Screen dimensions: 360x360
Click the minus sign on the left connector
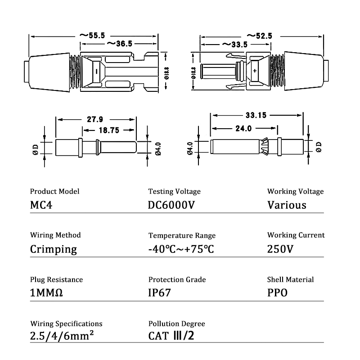tap(96, 71)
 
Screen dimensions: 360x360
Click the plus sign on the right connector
tap(255, 71)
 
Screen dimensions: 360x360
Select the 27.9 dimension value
tap(95, 120)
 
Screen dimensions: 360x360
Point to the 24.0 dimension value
tap(243, 128)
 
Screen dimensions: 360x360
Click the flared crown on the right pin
tap(265, 147)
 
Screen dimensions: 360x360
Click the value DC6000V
tap(171, 205)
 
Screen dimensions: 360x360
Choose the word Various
tap(287, 205)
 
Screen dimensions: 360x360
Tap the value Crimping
tap(53, 249)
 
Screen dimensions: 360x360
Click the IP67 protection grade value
tap(160, 293)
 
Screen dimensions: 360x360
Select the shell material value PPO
tap(277, 293)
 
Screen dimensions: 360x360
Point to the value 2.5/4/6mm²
tap(62, 336)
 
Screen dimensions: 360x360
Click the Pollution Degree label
tap(176, 324)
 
